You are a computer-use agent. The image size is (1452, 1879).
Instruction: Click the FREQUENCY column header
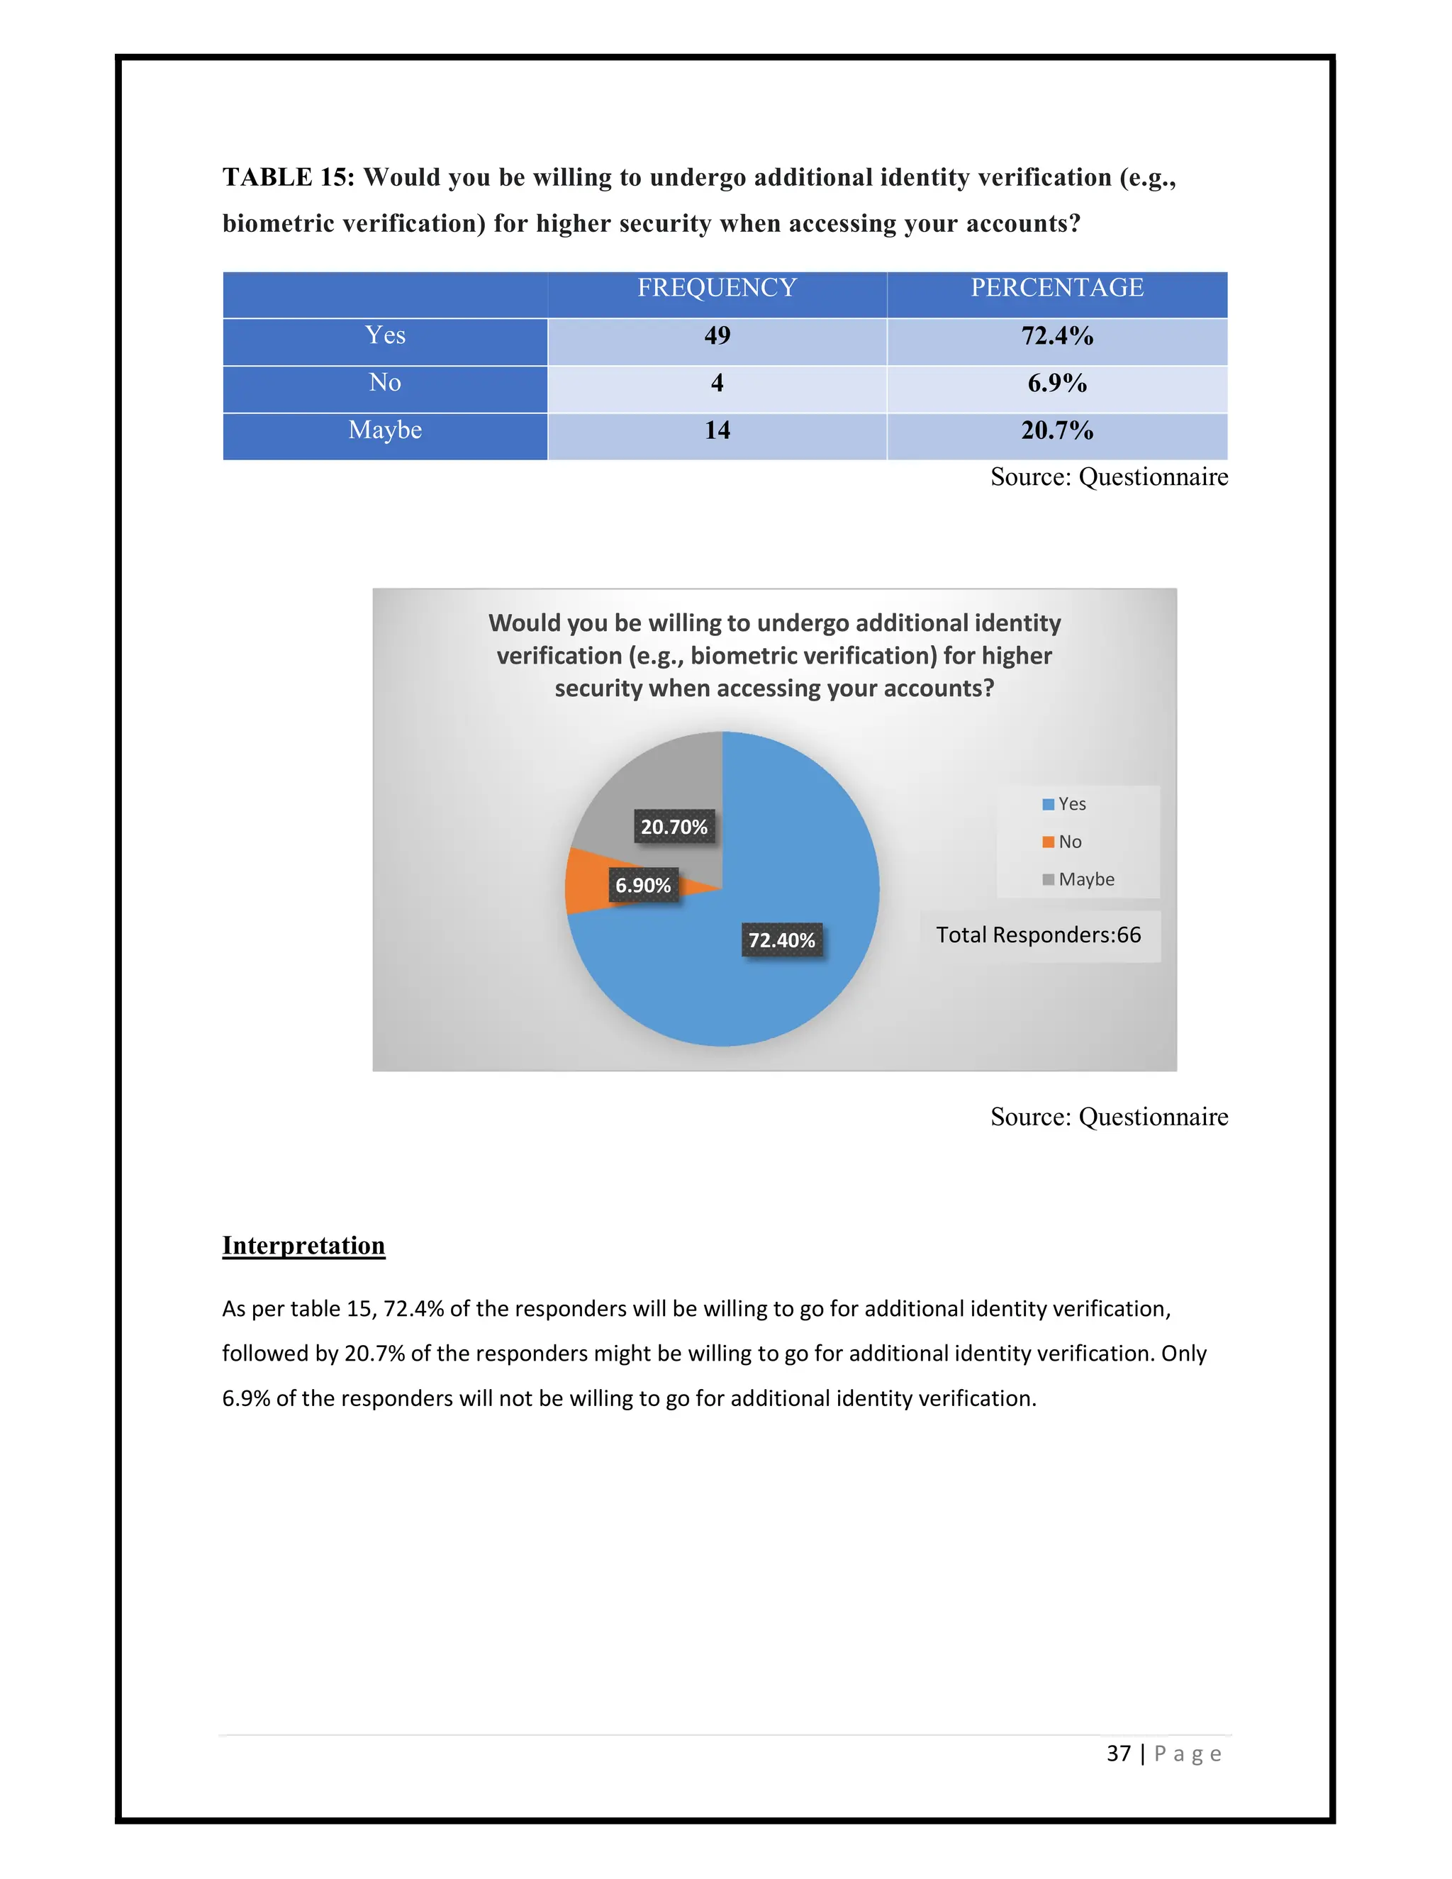tap(717, 287)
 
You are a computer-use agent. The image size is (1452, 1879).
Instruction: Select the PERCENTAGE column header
tap(1056, 287)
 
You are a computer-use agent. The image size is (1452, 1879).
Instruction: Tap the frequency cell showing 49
tap(717, 335)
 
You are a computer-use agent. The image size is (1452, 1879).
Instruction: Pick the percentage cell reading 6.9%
tap(1056, 383)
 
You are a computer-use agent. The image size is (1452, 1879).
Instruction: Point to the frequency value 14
tap(717, 430)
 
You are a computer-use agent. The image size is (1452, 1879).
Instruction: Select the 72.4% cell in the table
tap(1056, 335)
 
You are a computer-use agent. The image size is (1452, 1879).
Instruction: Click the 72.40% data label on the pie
tap(781, 940)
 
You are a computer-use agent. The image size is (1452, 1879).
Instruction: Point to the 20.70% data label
tap(674, 827)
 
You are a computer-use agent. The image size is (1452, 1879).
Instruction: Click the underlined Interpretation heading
tap(303, 1245)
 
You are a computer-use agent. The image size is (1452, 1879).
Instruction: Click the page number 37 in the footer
tap(1117, 1753)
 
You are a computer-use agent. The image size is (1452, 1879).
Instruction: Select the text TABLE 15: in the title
tap(288, 177)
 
